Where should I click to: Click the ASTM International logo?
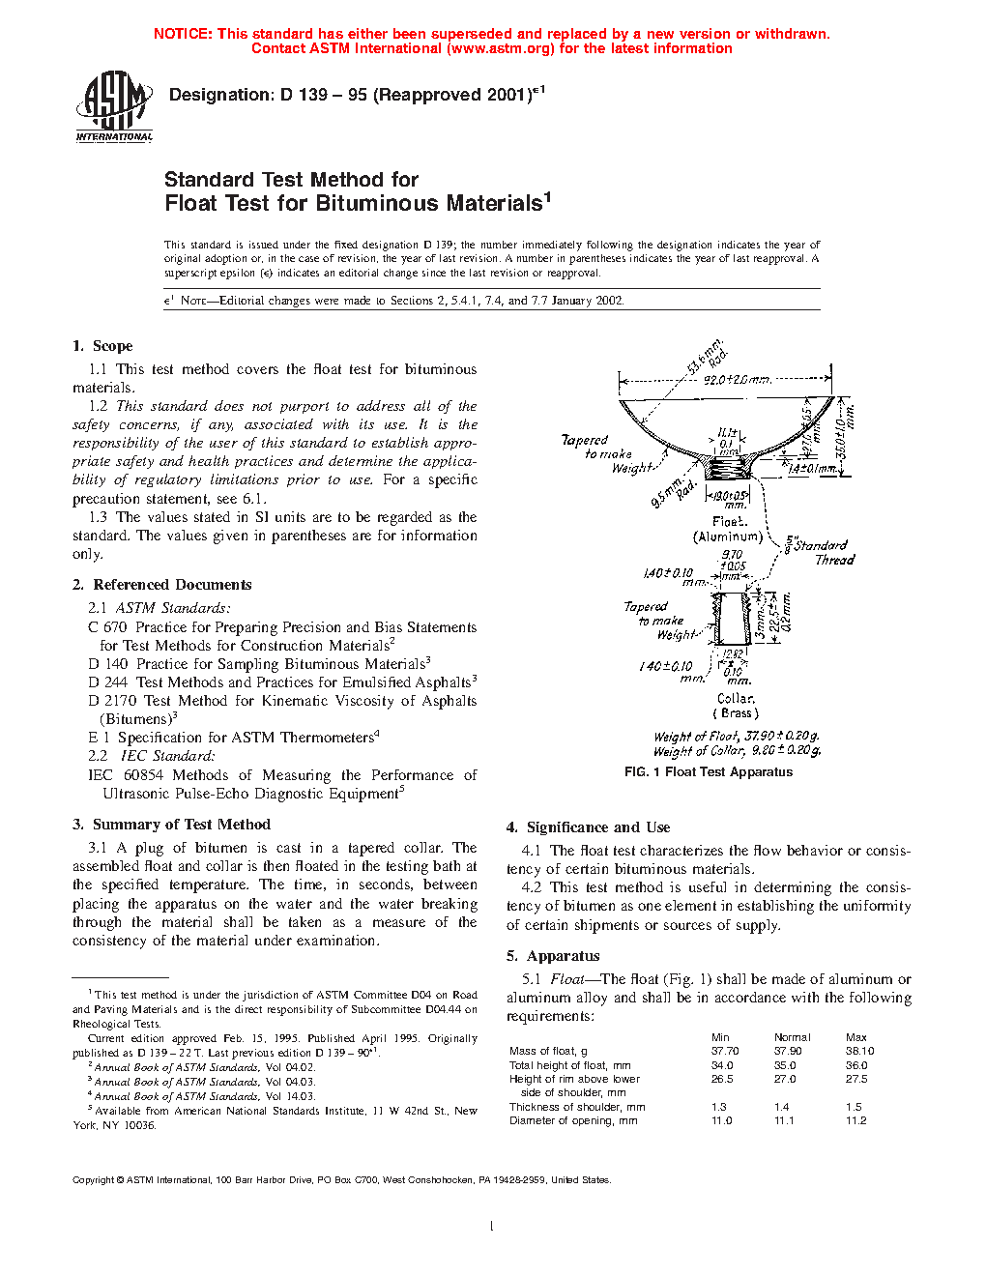(114, 107)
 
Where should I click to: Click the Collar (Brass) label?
(736, 706)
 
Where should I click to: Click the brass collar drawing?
(732, 619)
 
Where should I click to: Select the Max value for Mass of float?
(859, 1052)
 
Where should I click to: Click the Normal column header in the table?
(793, 1037)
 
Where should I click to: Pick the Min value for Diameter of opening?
(721, 1121)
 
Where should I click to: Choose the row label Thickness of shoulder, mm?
(577, 1108)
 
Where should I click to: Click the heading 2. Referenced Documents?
(162, 585)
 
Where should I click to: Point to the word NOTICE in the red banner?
(183, 34)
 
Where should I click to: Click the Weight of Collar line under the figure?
(737, 751)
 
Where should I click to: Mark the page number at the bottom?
(492, 1227)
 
